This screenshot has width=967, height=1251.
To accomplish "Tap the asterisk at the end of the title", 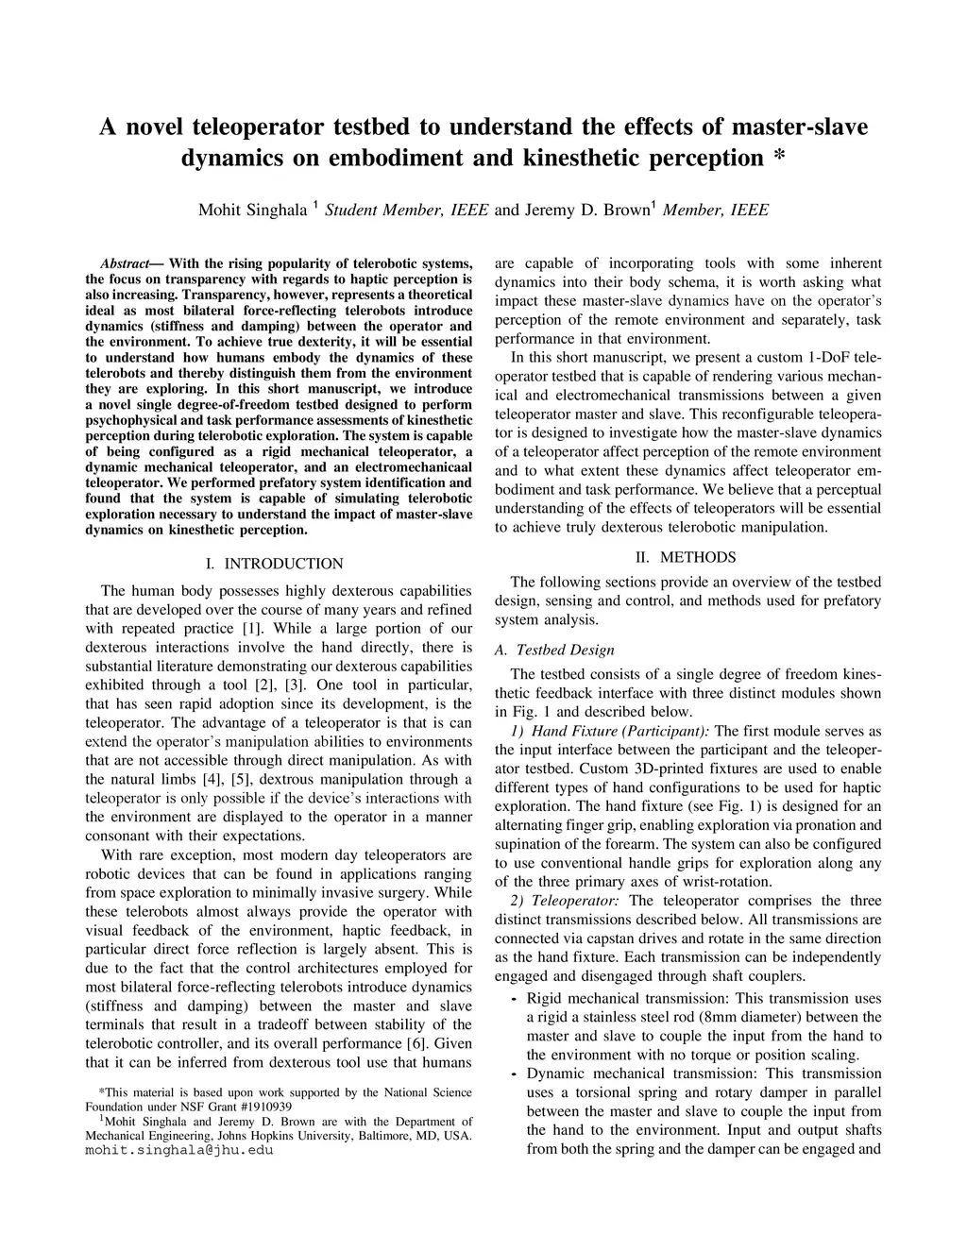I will pyautogui.click(x=778, y=157).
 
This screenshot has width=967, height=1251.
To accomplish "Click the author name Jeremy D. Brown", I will pyautogui.click(x=585, y=210).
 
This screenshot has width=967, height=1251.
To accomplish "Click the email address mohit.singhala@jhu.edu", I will pyautogui.click(x=178, y=1151).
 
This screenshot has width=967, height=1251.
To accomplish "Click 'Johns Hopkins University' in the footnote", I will pyautogui.click(x=292, y=1135).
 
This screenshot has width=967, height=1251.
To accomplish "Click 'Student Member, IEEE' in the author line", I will pyautogui.click(x=406, y=210).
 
